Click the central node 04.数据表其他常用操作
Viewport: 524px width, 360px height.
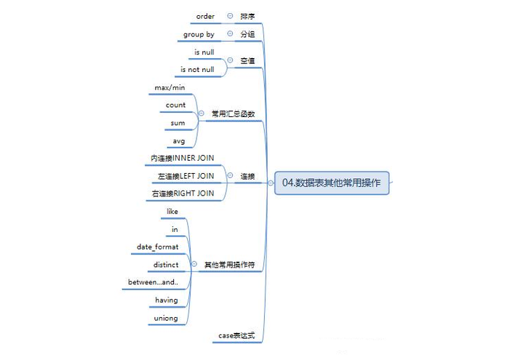pyautogui.click(x=335, y=183)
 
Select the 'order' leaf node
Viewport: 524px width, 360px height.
pyautogui.click(x=206, y=16)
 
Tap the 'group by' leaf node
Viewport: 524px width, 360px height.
pyautogui.click(x=199, y=34)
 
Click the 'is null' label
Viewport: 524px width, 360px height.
pyautogui.click(x=204, y=52)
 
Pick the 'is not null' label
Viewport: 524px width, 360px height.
pyautogui.click(x=197, y=70)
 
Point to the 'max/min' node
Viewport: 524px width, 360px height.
pyautogui.click(x=170, y=87)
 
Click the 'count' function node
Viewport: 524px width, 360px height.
pyautogui.click(x=175, y=105)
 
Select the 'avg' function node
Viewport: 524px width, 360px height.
pyautogui.click(x=178, y=140)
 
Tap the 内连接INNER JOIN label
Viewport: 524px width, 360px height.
pyautogui.click(x=183, y=158)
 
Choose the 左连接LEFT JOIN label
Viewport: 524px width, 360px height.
pyautogui.click(x=186, y=176)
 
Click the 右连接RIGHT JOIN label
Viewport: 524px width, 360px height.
pyautogui.click(x=183, y=193)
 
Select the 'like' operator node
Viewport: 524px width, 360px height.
pyautogui.click(x=172, y=212)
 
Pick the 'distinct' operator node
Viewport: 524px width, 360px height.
pyautogui.click(x=167, y=265)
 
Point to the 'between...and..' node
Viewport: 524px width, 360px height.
pyautogui.click(x=154, y=282)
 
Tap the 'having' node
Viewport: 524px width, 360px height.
pyautogui.click(x=167, y=300)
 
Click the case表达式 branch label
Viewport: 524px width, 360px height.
pyautogui.click(x=236, y=336)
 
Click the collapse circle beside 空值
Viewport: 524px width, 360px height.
pyautogui.click(x=230, y=61)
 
